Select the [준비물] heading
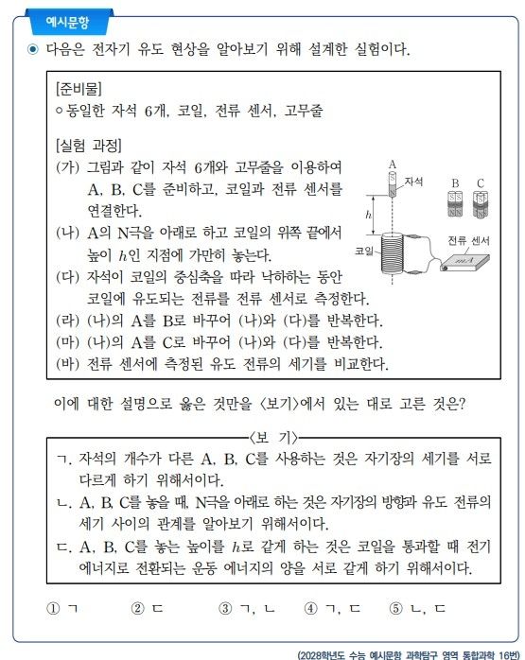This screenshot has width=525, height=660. tap(80, 89)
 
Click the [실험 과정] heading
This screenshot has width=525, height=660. tap(88, 146)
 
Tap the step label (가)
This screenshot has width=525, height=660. tap(69, 167)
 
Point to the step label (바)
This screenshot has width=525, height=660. tap(69, 362)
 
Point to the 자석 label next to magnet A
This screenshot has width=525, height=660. tap(412, 179)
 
